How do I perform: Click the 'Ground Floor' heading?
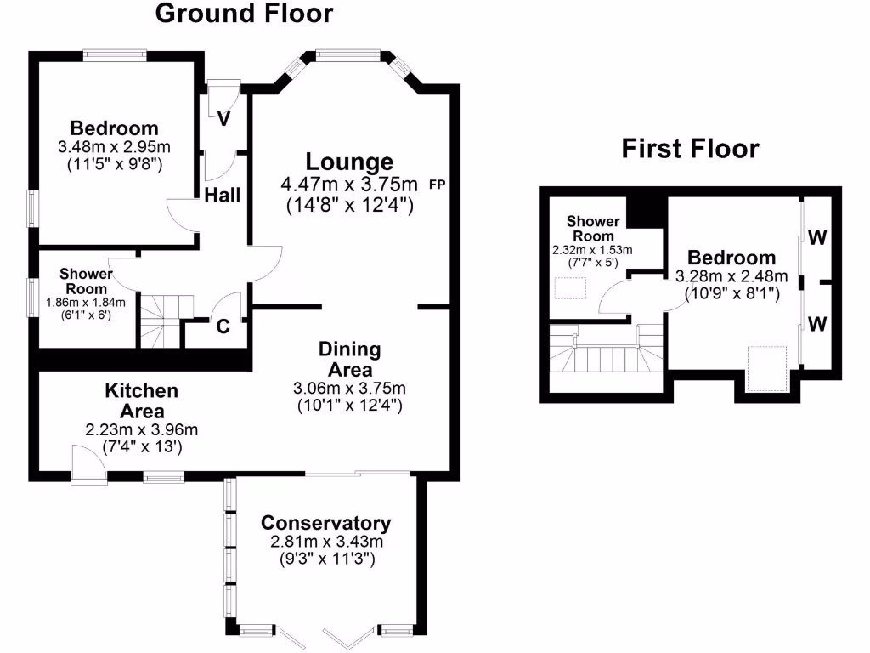(x=245, y=14)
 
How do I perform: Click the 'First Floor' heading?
(x=690, y=149)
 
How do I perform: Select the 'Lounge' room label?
(x=349, y=162)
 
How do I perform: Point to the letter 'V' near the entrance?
(x=223, y=119)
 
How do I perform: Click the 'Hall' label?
(x=223, y=196)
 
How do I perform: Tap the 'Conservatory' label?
(x=326, y=523)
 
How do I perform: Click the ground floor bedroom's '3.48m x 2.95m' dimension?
(x=114, y=146)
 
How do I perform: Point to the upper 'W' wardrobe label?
(x=816, y=238)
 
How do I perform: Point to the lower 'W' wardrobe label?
(x=816, y=324)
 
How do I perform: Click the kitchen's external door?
(x=88, y=466)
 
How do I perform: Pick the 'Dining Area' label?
(x=349, y=360)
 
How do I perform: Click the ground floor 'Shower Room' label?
(x=85, y=280)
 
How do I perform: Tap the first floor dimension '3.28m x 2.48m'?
(x=732, y=276)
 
